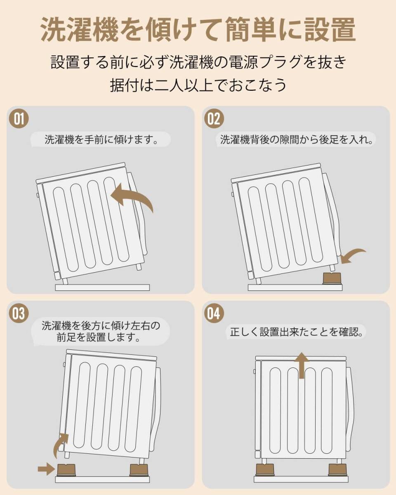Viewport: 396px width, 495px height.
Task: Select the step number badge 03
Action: click(19, 314)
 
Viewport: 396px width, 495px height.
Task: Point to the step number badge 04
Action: click(214, 314)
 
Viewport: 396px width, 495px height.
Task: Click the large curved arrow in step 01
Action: click(133, 197)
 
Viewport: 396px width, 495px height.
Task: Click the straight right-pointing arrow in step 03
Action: click(46, 468)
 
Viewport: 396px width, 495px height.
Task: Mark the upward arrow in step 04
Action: click(303, 365)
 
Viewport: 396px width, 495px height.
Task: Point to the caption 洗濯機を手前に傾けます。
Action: click(101, 139)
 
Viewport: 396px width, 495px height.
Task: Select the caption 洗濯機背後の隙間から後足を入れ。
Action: click(296, 139)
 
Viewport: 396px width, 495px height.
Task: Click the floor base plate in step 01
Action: click(102, 288)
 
